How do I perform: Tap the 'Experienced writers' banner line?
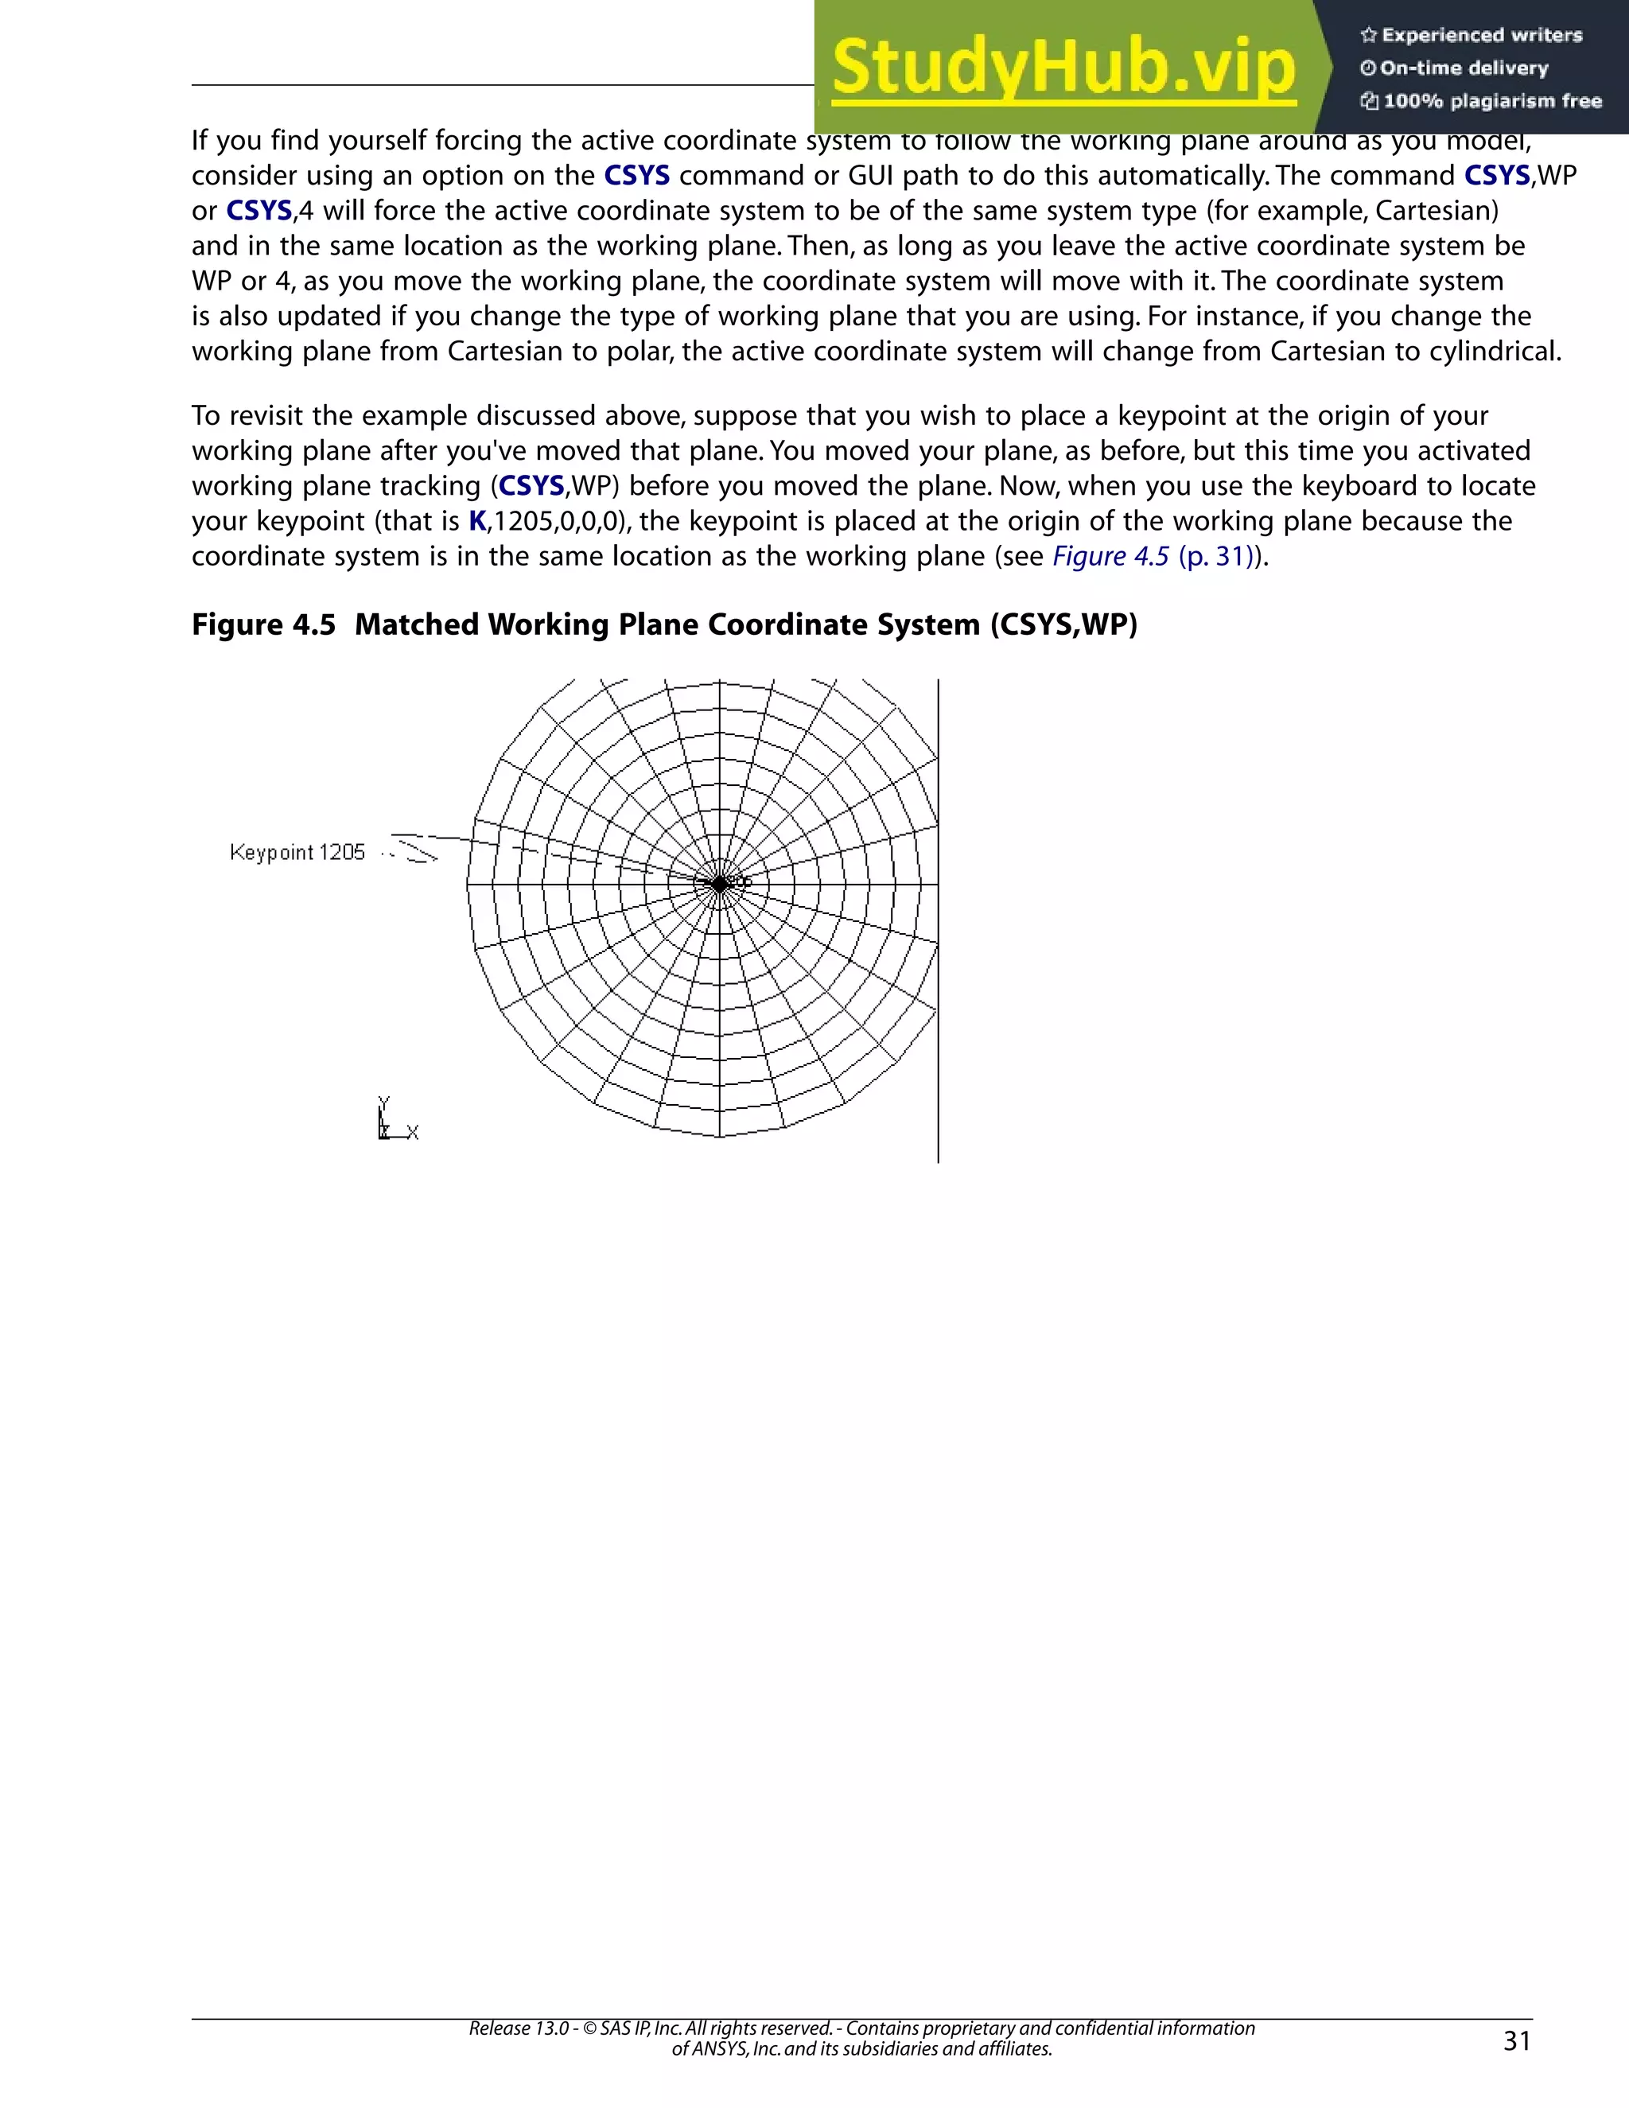[1481, 36]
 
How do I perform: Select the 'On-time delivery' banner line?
[1464, 68]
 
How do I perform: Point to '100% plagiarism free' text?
[1492, 101]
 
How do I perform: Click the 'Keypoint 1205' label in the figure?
[297, 852]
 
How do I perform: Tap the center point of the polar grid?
[720, 883]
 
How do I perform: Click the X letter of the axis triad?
[413, 1132]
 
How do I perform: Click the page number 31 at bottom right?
[1517, 2040]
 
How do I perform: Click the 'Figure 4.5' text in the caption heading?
[263, 624]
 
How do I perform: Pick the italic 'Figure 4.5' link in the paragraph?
[1110, 557]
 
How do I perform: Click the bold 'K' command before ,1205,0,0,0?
[476, 521]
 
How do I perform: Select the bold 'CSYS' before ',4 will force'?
[259, 211]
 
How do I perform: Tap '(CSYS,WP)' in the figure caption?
[1063, 624]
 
